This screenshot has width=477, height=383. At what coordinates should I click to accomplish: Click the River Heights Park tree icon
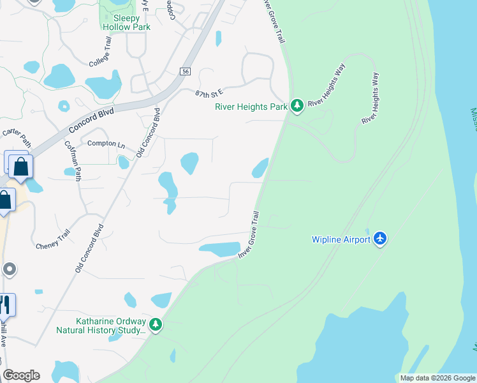point(297,106)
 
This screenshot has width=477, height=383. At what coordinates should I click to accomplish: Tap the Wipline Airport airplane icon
point(381,239)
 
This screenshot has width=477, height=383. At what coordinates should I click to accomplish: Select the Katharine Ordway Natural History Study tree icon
point(156,325)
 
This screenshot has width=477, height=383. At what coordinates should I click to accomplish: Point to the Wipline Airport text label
point(341,239)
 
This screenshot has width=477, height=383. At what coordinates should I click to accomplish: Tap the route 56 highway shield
point(185,72)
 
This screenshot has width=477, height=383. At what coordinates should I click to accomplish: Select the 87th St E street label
point(210,93)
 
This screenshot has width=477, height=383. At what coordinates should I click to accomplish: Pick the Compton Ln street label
point(106,144)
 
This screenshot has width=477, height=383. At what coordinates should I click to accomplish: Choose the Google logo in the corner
point(21,375)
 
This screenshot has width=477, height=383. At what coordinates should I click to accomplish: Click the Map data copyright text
point(437,378)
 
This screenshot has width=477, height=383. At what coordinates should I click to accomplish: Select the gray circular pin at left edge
point(8,269)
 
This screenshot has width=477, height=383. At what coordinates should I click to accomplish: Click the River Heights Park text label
point(251,107)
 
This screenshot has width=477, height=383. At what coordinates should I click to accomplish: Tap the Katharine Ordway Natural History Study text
point(101,326)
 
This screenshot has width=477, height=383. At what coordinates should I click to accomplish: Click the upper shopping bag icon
point(20,167)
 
